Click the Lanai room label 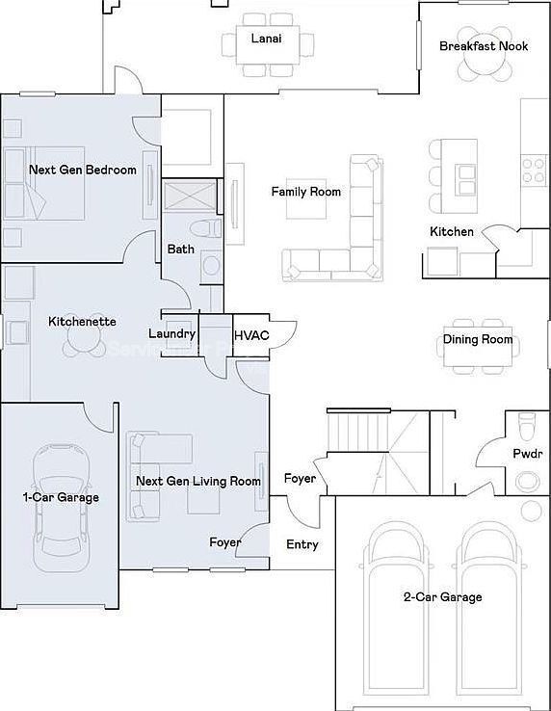click(x=267, y=38)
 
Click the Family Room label click(x=305, y=192)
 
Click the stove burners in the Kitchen click(x=534, y=171)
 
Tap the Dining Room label click(x=478, y=339)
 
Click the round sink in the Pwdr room click(x=528, y=480)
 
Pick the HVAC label click(x=251, y=335)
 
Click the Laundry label click(x=172, y=334)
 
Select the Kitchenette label click(x=82, y=321)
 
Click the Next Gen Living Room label click(x=197, y=481)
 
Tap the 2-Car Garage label click(x=442, y=597)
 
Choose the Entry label click(x=302, y=544)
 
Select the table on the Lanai click(x=268, y=42)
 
